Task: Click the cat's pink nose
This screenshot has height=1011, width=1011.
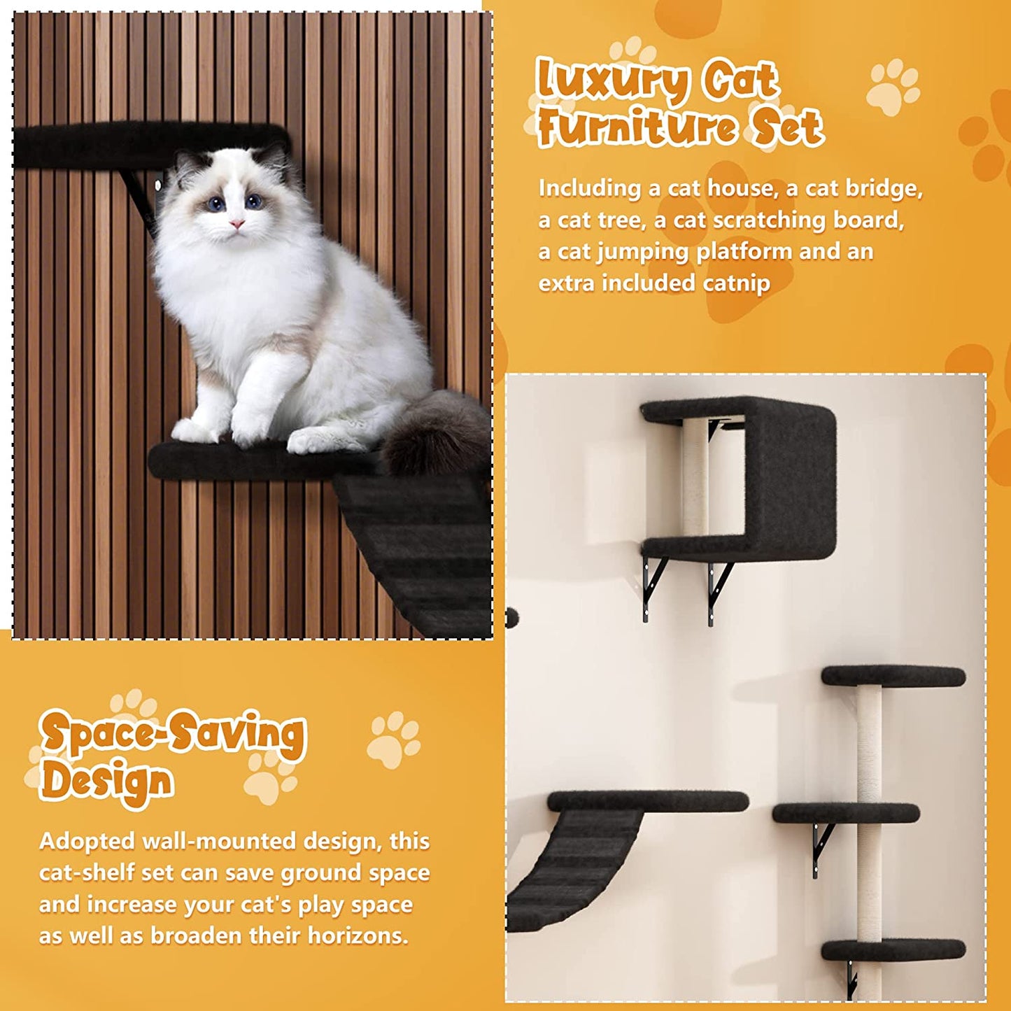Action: [237, 224]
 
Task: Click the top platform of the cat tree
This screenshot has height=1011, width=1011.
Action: [893, 677]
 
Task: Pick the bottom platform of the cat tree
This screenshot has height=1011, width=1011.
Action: [893, 949]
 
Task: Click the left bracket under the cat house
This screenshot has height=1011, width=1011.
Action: [653, 585]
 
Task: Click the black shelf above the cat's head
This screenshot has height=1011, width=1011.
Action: [140, 143]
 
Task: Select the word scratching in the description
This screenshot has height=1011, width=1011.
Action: [770, 220]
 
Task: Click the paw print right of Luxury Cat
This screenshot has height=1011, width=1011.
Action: [892, 87]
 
